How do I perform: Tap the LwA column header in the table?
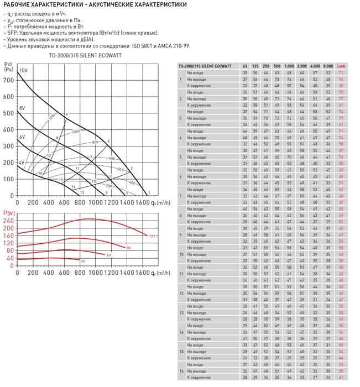click(341, 66)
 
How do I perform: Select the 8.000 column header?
click(328, 66)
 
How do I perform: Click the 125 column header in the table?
click(255, 66)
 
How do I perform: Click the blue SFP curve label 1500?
click(51, 117)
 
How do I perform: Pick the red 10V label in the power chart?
click(152, 236)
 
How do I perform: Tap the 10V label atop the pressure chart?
click(23, 70)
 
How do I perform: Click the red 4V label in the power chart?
click(83, 260)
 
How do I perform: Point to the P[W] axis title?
click(8, 213)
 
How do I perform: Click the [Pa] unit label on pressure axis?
click(8, 70)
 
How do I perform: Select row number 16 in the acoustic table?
click(180, 371)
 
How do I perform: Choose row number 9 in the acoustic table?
click(180, 234)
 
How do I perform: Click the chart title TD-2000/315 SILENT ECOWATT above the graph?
click(85, 56)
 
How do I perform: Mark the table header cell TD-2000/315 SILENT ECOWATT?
click(208, 66)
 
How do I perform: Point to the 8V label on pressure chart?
click(22, 107)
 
